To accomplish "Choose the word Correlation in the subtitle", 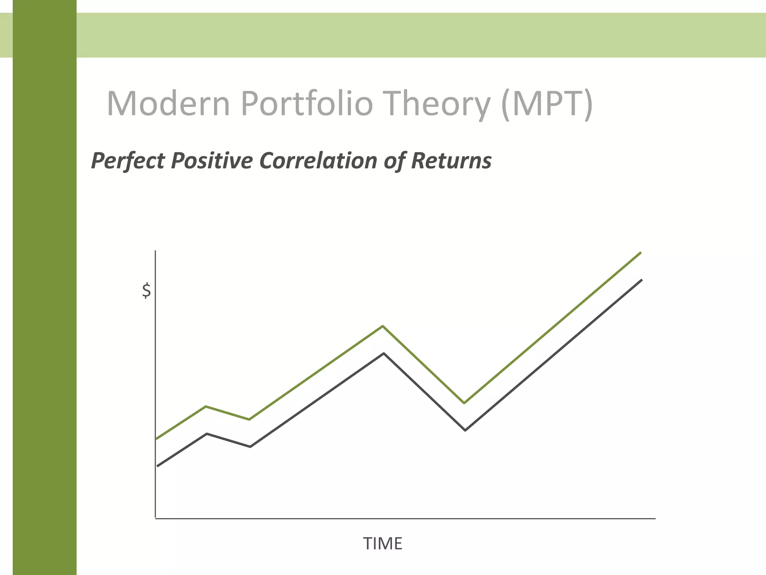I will [x=318, y=161].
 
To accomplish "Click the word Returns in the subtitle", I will [x=451, y=161].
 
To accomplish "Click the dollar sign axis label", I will [x=146, y=290].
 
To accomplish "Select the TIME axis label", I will [x=383, y=544].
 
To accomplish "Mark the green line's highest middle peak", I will [x=383, y=326].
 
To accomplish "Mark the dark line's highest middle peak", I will [x=384, y=353].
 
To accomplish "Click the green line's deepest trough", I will [x=464, y=403].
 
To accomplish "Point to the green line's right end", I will [x=641, y=253].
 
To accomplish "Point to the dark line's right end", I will [x=642, y=280].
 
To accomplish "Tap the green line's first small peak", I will [x=206, y=407].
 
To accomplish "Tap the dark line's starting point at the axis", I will [x=157, y=466].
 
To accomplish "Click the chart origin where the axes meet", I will [x=155, y=518].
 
